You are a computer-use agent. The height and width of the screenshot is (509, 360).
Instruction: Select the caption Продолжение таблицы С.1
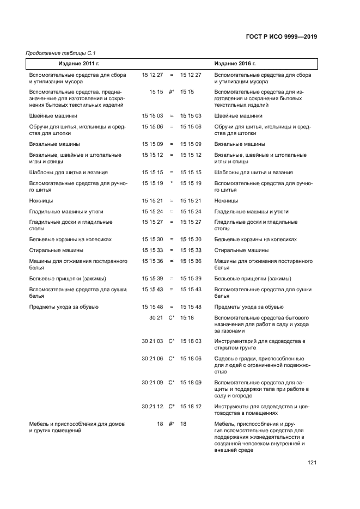57,53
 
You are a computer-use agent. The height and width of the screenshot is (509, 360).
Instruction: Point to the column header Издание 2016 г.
235,64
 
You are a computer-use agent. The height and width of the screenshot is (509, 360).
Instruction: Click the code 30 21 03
152,341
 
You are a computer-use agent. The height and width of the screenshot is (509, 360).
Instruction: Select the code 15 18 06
191,358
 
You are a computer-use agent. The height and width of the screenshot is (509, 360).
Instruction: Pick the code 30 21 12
152,406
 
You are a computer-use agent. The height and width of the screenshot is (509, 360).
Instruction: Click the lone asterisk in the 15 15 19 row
171,183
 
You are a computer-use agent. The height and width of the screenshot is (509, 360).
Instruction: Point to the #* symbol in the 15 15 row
171,92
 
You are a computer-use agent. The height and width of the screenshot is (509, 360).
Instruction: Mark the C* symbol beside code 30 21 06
171,358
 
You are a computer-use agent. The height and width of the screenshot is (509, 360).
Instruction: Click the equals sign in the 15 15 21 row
171,201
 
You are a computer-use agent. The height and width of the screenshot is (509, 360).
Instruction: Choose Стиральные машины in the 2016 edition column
241,250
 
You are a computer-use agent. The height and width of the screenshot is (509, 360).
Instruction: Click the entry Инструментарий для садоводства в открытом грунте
259,345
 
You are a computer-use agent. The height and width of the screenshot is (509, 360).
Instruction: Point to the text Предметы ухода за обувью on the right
249,307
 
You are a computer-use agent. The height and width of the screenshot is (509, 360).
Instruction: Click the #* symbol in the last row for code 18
171,424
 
